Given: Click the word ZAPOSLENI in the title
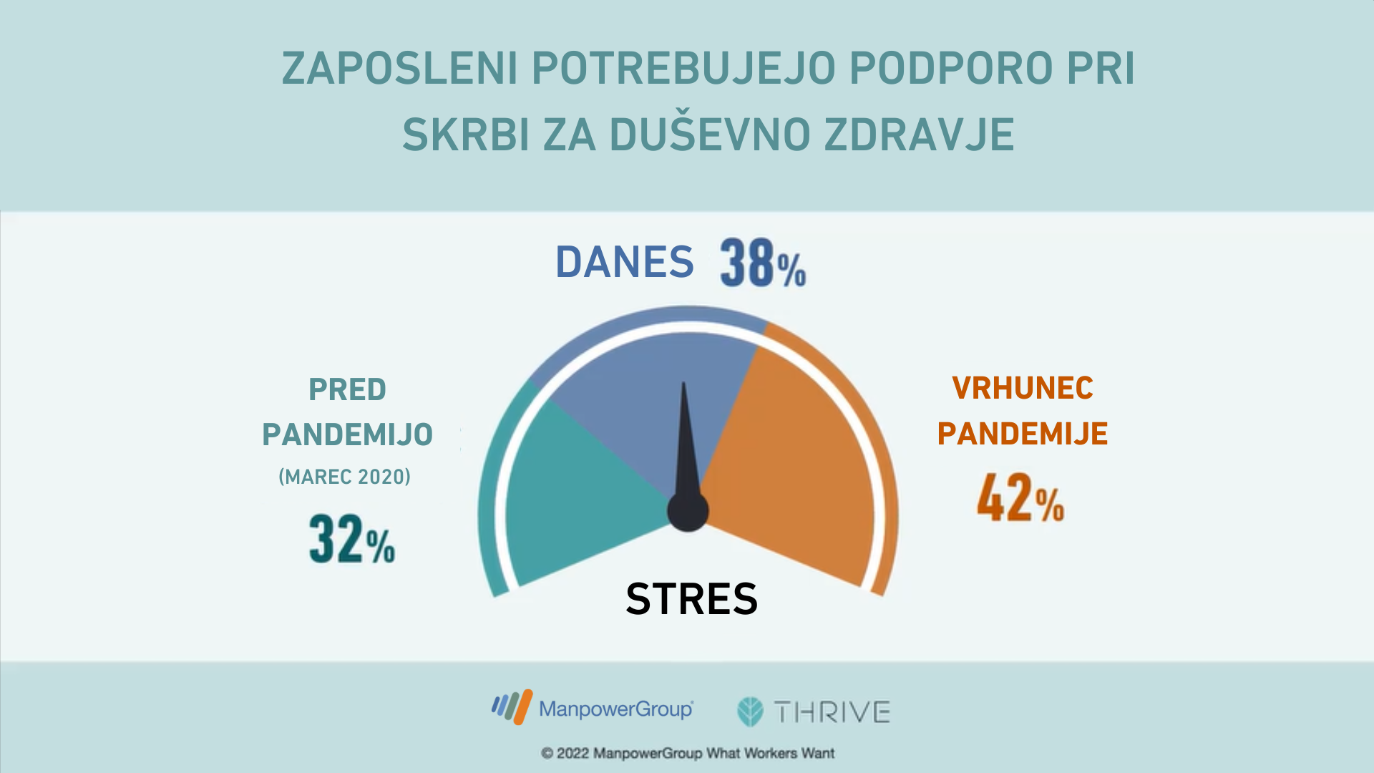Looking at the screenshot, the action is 400,69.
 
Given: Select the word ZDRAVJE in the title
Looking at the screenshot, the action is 920,135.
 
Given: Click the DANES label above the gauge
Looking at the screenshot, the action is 625,262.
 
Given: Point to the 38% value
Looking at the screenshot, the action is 763,263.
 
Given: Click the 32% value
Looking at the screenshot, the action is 352,539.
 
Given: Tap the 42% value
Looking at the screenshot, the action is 1020,497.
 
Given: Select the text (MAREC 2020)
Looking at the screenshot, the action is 345,477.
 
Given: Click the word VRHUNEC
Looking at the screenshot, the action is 1023,389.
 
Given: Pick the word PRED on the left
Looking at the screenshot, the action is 347,390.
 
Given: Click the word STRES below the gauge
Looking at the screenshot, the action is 692,599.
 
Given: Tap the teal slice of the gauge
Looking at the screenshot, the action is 580,494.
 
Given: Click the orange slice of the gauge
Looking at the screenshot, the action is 794,465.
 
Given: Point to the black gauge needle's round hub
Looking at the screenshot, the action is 688,511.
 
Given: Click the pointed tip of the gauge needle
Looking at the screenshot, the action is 683,382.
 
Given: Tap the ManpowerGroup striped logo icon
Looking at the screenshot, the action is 512,706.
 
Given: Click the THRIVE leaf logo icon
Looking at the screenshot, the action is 751,711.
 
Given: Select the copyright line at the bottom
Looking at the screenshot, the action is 688,753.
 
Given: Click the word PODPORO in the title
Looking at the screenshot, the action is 950,69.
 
